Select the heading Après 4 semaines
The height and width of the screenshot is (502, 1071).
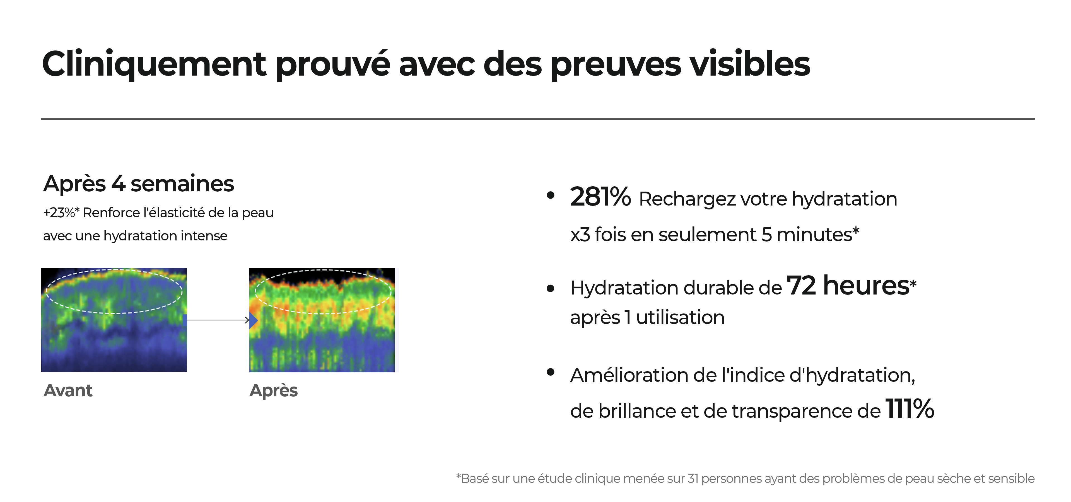coord(138,184)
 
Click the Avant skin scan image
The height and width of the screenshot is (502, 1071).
coord(114,320)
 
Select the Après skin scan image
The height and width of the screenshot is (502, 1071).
coord(322,320)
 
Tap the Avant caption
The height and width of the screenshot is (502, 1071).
coord(68,391)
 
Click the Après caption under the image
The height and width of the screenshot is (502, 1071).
coord(274,391)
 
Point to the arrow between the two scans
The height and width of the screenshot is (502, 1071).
coord(218,320)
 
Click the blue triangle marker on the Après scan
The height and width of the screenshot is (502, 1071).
coord(253,320)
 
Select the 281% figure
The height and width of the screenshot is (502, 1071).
coord(600,197)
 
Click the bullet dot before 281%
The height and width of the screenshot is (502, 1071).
coord(551,195)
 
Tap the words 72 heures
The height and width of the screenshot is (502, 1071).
coord(848,286)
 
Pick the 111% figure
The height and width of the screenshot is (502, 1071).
coord(910,409)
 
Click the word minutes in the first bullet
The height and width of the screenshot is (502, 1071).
coord(814,235)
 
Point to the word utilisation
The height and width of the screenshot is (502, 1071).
coord(680,317)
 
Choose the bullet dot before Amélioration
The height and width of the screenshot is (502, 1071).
coord(551,372)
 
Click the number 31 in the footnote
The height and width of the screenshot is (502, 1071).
coord(693,479)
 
